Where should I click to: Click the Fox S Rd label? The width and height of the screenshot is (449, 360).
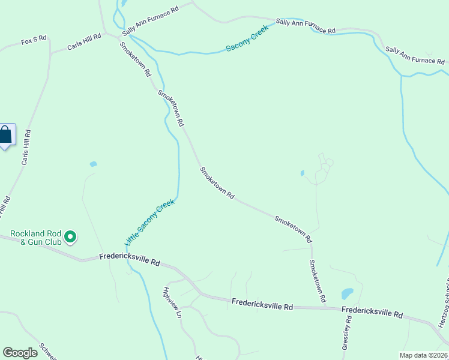33,41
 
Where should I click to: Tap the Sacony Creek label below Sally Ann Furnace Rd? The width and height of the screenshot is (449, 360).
247,41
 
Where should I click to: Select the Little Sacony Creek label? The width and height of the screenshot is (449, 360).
149,222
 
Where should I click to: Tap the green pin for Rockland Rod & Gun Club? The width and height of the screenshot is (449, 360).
71,238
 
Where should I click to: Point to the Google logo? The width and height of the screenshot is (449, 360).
20,353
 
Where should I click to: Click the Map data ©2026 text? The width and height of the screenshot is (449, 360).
423,355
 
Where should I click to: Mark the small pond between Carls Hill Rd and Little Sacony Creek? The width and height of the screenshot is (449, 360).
93,164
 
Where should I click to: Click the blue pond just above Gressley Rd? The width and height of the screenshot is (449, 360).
347,293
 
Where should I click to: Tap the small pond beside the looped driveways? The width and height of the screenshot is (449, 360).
303,173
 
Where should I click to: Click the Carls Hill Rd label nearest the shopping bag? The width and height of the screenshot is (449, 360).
26,148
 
